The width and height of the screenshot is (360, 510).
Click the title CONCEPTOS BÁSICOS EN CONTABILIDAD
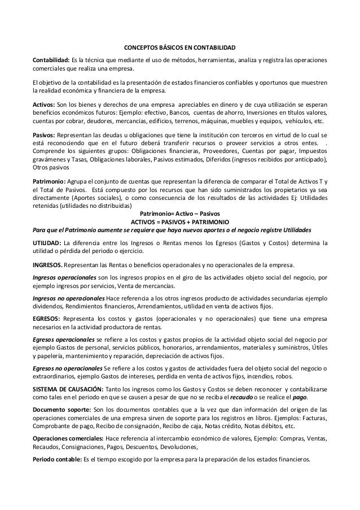tap(179, 47)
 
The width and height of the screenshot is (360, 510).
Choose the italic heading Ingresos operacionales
tap(64, 277)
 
